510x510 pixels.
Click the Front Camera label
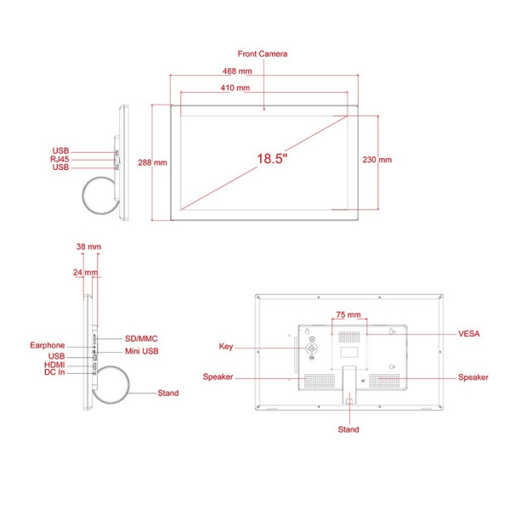click(x=263, y=54)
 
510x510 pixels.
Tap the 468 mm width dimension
click(x=237, y=71)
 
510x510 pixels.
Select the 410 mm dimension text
click(x=235, y=88)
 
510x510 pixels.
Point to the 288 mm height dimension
click(x=152, y=162)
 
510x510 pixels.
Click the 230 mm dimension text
click(x=377, y=160)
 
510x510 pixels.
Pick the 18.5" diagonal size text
click(x=272, y=159)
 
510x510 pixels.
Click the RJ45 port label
click(x=59, y=159)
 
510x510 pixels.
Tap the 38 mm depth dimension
click(x=88, y=246)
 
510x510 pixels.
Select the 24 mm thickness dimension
click(x=86, y=272)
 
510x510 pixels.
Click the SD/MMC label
click(x=141, y=338)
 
